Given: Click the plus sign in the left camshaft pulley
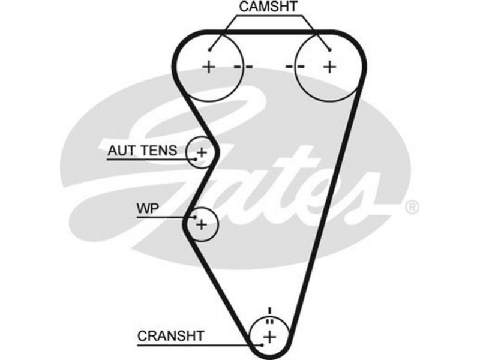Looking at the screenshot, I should click(x=209, y=66).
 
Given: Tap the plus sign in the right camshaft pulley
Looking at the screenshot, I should click(x=328, y=66).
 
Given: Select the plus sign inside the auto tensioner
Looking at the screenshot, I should click(x=202, y=152).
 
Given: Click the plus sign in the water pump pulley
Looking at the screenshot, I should click(x=202, y=225).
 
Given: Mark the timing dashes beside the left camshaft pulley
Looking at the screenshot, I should click(x=244, y=66).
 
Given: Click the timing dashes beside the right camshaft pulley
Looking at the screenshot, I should click(x=295, y=66).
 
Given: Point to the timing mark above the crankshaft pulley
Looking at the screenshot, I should click(x=270, y=313).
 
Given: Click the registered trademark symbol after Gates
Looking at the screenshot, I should click(x=412, y=208).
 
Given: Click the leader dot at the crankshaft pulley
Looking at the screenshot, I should click(x=262, y=345).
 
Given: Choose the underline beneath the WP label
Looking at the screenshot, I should click(x=162, y=218).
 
